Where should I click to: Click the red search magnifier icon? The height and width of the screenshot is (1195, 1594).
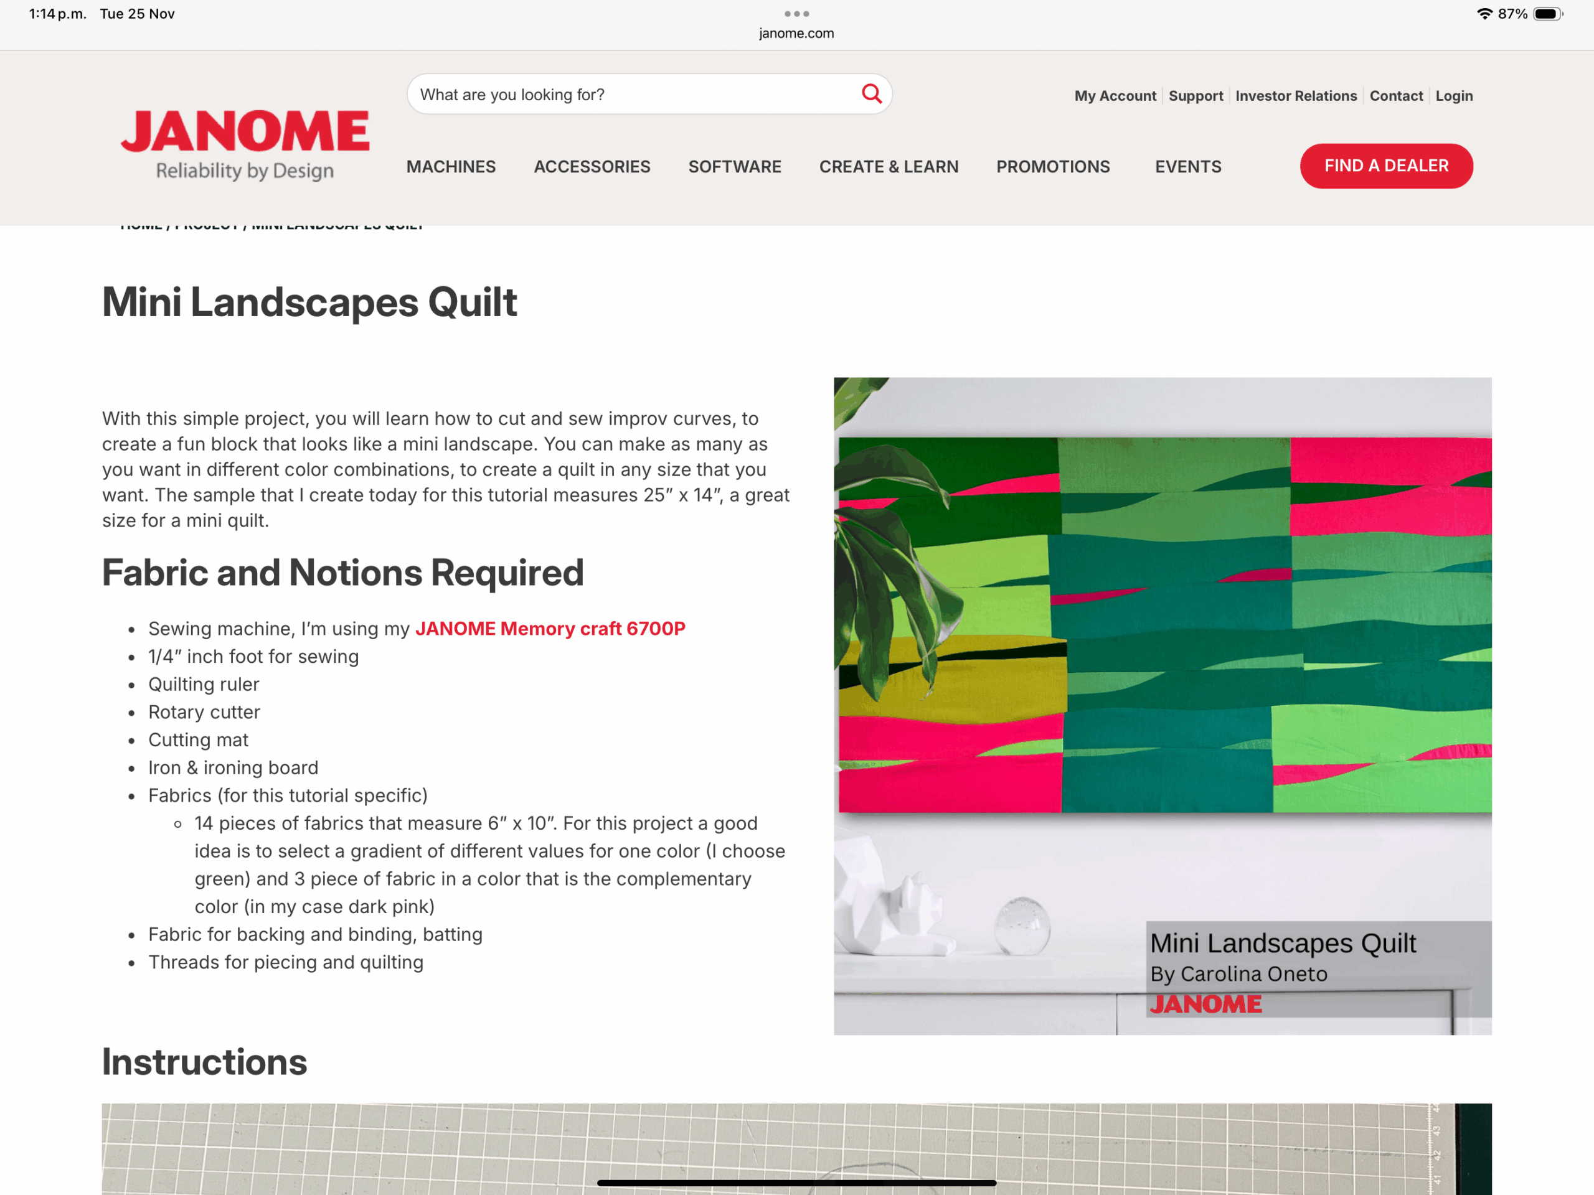tap(871, 93)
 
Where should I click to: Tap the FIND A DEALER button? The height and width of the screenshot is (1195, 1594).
tap(1386, 166)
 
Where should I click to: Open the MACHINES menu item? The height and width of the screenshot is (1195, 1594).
tap(451, 167)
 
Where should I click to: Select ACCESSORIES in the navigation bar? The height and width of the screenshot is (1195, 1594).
tap(592, 167)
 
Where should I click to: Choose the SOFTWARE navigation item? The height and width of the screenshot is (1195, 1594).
tap(734, 167)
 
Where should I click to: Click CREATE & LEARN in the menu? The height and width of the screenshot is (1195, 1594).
tap(889, 167)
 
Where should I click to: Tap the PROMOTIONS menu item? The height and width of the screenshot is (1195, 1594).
tap(1053, 167)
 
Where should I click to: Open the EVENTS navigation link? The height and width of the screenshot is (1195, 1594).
tap(1187, 167)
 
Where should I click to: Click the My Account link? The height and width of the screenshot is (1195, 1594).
tap(1115, 96)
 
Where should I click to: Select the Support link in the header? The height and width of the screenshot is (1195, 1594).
tap(1195, 96)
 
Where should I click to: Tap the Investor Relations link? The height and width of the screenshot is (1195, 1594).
tap(1296, 96)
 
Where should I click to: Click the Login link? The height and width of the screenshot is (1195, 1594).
tap(1453, 96)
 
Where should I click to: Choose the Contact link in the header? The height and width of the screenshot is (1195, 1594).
tap(1396, 96)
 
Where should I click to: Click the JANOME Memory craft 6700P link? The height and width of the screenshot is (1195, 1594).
tap(550, 629)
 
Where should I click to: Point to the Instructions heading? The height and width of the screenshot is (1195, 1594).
tap(205, 1062)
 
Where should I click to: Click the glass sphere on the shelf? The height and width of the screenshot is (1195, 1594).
tap(1022, 927)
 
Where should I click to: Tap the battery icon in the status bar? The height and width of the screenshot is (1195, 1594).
tap(1547, 14)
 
